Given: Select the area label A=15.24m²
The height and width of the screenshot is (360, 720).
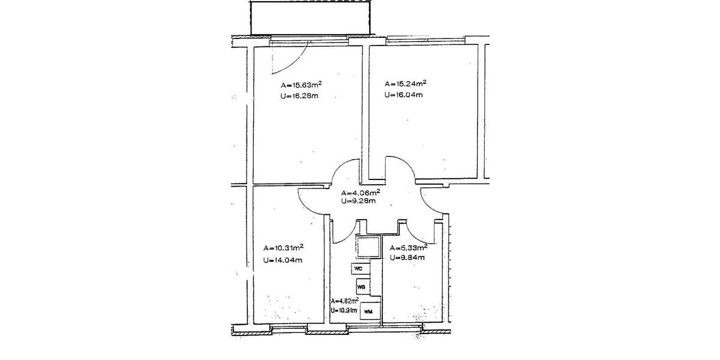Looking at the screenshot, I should [x=406, y=83].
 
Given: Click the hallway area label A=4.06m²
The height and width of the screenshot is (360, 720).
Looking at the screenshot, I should [x=360, y=193].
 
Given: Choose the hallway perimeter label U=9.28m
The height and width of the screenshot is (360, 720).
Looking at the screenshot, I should [x=358, y=201].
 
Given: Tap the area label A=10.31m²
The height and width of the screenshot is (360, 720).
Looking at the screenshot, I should [x=283, y=247].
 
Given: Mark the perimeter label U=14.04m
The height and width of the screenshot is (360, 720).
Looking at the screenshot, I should [x=282, y=260].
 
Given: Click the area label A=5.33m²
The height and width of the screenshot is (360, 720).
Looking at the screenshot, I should [x=409, y=247].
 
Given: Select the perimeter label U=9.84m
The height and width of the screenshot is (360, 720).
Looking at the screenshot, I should [x=407, y=258].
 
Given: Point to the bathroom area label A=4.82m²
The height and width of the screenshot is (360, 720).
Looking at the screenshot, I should [x=344, y=301].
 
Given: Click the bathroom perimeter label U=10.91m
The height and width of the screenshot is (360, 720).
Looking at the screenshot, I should [x=344, y=311].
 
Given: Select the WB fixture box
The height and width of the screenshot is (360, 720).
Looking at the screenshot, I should [x=362, y=287].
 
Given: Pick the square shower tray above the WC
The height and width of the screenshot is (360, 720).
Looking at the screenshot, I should [x=368, y=247].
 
